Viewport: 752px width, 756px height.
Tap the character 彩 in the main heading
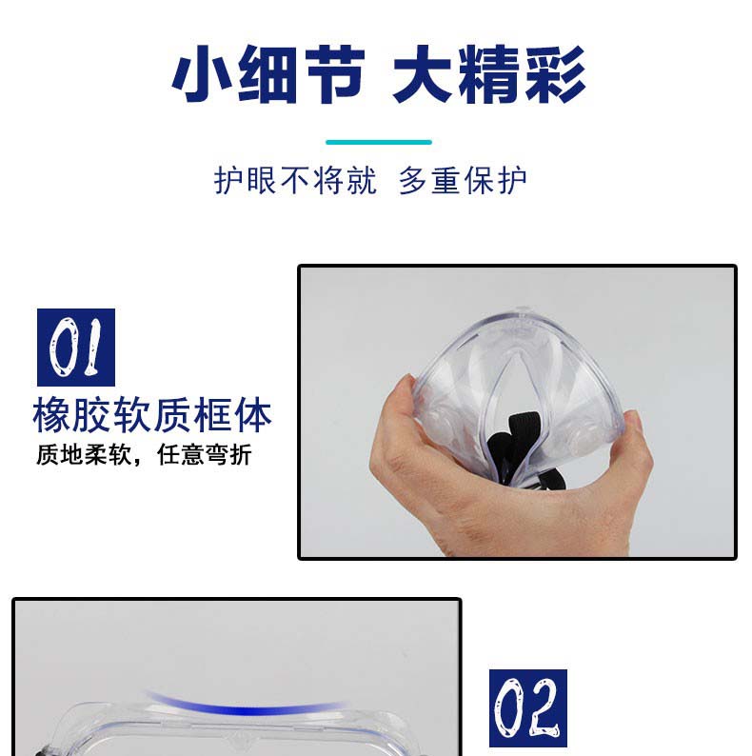coord(556,73)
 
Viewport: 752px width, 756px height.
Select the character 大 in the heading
coord(423,73)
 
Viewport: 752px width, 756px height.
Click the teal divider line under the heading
coord(379,142)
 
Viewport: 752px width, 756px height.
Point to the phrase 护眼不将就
coord(295,181)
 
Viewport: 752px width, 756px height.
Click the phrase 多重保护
coord(463,181)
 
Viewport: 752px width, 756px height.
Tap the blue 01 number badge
coord(76,348)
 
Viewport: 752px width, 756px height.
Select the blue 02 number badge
coord(528,707)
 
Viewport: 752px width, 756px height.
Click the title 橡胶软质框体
coord(152,415)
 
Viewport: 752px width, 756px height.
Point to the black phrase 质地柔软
coord(84,454)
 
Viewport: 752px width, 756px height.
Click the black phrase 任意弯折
coord(205,454)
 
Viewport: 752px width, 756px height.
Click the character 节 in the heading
coord(335,73)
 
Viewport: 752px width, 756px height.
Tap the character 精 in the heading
coord(489,73)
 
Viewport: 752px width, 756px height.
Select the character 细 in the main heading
coord(268,73)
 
